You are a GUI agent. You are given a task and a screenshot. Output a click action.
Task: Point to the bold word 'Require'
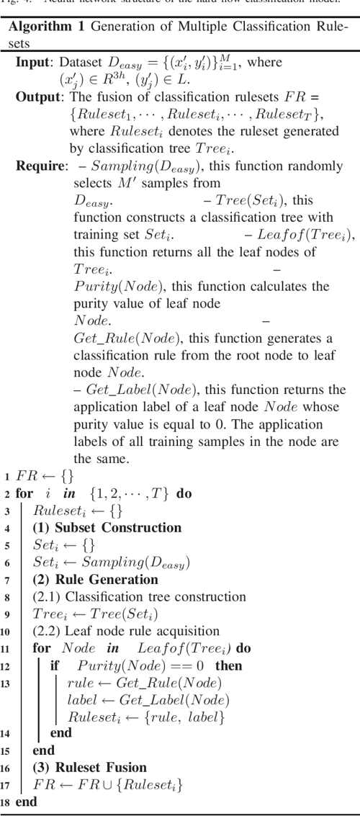(x=40, y=166)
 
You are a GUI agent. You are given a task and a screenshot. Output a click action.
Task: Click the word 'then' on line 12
(x=229, y=665)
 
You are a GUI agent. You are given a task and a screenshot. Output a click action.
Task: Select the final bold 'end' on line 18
(x=26, y=801)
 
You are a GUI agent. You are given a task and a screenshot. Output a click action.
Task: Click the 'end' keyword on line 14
(x=61, y=733)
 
